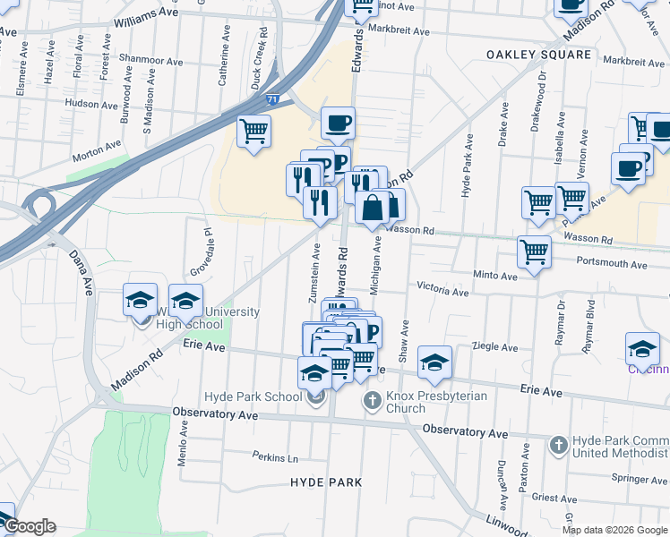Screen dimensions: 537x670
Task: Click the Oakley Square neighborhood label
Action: click(538, 55)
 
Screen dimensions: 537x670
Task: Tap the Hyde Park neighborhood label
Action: click(326, 482)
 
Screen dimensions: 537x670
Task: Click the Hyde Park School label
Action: click(253, 396)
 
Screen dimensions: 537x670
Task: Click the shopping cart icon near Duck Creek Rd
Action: click(253, 131)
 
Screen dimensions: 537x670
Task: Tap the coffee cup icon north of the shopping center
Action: click(338, 123)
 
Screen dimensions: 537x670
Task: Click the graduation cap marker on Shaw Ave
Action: click(435, 361)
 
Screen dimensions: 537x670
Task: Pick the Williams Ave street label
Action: click(147, 16)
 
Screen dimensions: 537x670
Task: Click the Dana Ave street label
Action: click(80, 273)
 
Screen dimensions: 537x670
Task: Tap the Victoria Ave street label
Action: click(442, 291)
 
